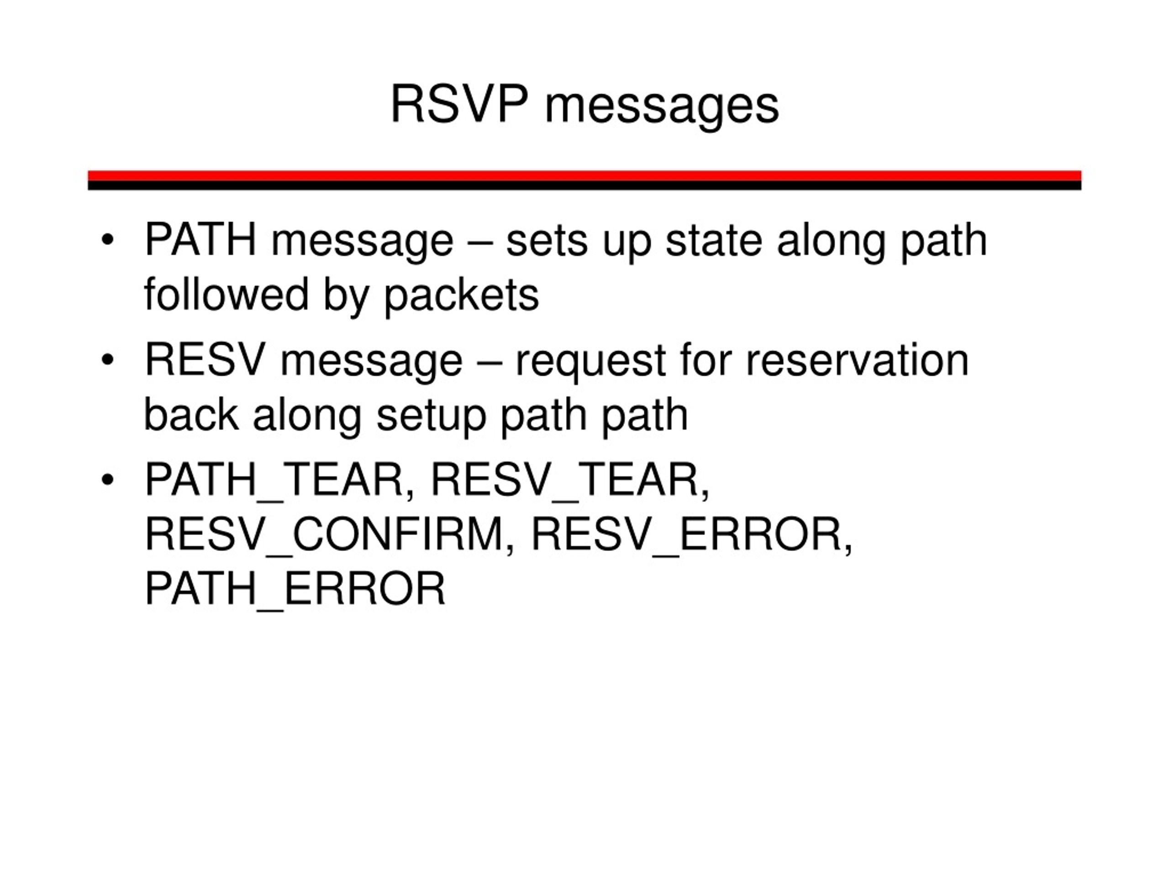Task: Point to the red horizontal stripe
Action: coord(584,175)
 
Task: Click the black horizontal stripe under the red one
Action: coord(584,185)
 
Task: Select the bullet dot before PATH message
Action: coord(107,241)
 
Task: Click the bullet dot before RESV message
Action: coord(107,360)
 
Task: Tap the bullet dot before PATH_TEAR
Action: coord(107,480)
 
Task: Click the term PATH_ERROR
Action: coord(295,589)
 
